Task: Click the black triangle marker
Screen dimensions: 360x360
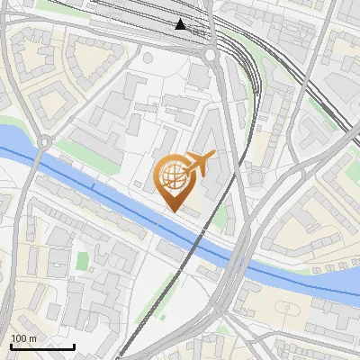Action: click(x=181, y=24)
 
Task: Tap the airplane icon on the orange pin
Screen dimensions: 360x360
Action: click(x=201, y=161)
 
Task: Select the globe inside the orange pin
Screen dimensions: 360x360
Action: click(x=173, y=175)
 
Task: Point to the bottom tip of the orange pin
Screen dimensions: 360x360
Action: click(x=173, y=211)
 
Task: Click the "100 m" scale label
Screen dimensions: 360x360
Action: click(x=22, y=338)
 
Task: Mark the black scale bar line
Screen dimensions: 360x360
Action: click(x=42, y=346)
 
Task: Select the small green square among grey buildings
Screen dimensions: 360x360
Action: click(x=83, y=261)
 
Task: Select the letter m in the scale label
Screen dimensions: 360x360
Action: click(x=32, y=338)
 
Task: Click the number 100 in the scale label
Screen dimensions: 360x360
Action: click(x=19, y=338)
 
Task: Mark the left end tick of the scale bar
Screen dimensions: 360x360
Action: click(x=11, y=346)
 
